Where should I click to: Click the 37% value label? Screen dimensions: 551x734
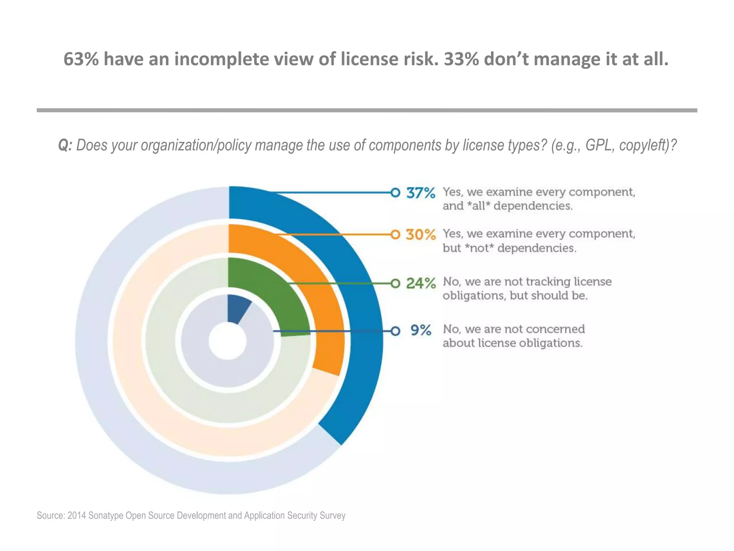click(x=421, y=193)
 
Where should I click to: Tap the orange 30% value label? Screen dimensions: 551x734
click(x=421, y=235)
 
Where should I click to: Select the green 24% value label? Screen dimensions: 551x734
click(x=421, y=284)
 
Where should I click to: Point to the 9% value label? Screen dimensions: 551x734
click(x=421, y=330)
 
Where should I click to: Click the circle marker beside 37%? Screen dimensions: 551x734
click(x=395, y=193)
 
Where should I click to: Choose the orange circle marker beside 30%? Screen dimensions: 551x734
click(x=395, y=235)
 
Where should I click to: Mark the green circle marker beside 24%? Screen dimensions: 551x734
click(x=395, y=284)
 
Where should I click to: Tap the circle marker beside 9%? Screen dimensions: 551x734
click(x=395, y=331)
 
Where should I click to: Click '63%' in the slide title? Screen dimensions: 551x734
click(x=81, y=60)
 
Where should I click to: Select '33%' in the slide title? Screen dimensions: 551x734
click(x=461, y=60)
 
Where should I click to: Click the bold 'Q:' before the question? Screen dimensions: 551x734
click(x=65, y=145)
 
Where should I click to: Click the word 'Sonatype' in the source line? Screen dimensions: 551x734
click(x=105, y=515)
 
